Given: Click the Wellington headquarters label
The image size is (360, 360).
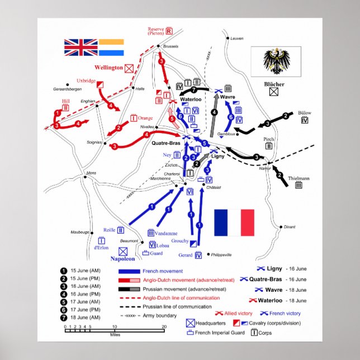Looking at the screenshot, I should coord(108,68).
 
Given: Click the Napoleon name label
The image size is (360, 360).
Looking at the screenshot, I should coord(123,259).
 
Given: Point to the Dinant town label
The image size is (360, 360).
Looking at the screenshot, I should coord(289,227).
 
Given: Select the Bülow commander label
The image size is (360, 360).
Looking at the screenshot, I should coord(305,112).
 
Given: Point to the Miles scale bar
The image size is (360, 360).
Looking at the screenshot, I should coord(115,330).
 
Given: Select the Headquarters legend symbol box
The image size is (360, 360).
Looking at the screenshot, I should coord(191,323).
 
